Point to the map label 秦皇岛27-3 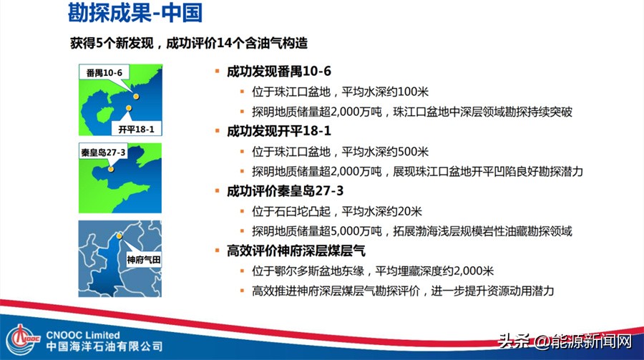[x=103, y=152]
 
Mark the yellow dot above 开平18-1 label [x=129, y=110]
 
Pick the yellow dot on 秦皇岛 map [x=110, y=170]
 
